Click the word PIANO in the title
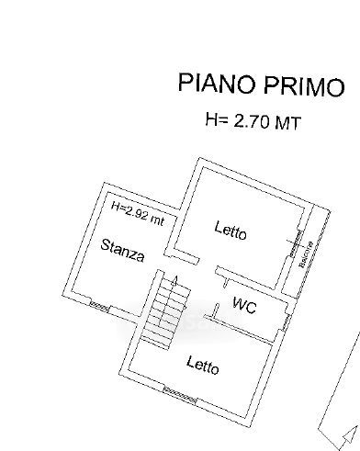[217, 83]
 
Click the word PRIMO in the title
[304, 86]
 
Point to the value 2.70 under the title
[253, 121]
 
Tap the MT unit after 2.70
[288, 123]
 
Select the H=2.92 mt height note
[138, 214]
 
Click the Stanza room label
[122, 250]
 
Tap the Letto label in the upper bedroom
[231, 231]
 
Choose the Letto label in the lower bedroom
[203, 365]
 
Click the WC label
[244, 305]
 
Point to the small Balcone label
[306, 254]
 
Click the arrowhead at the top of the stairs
[174, 281]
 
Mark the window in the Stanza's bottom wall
[99, 306]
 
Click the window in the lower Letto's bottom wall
[180, 395]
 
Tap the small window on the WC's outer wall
[286, 323]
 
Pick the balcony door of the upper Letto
[295, 244]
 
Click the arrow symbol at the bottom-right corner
[348, 435]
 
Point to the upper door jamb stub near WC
[226, 283]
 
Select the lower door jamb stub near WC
[216, 310]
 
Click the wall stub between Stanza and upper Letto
[182, 256]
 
